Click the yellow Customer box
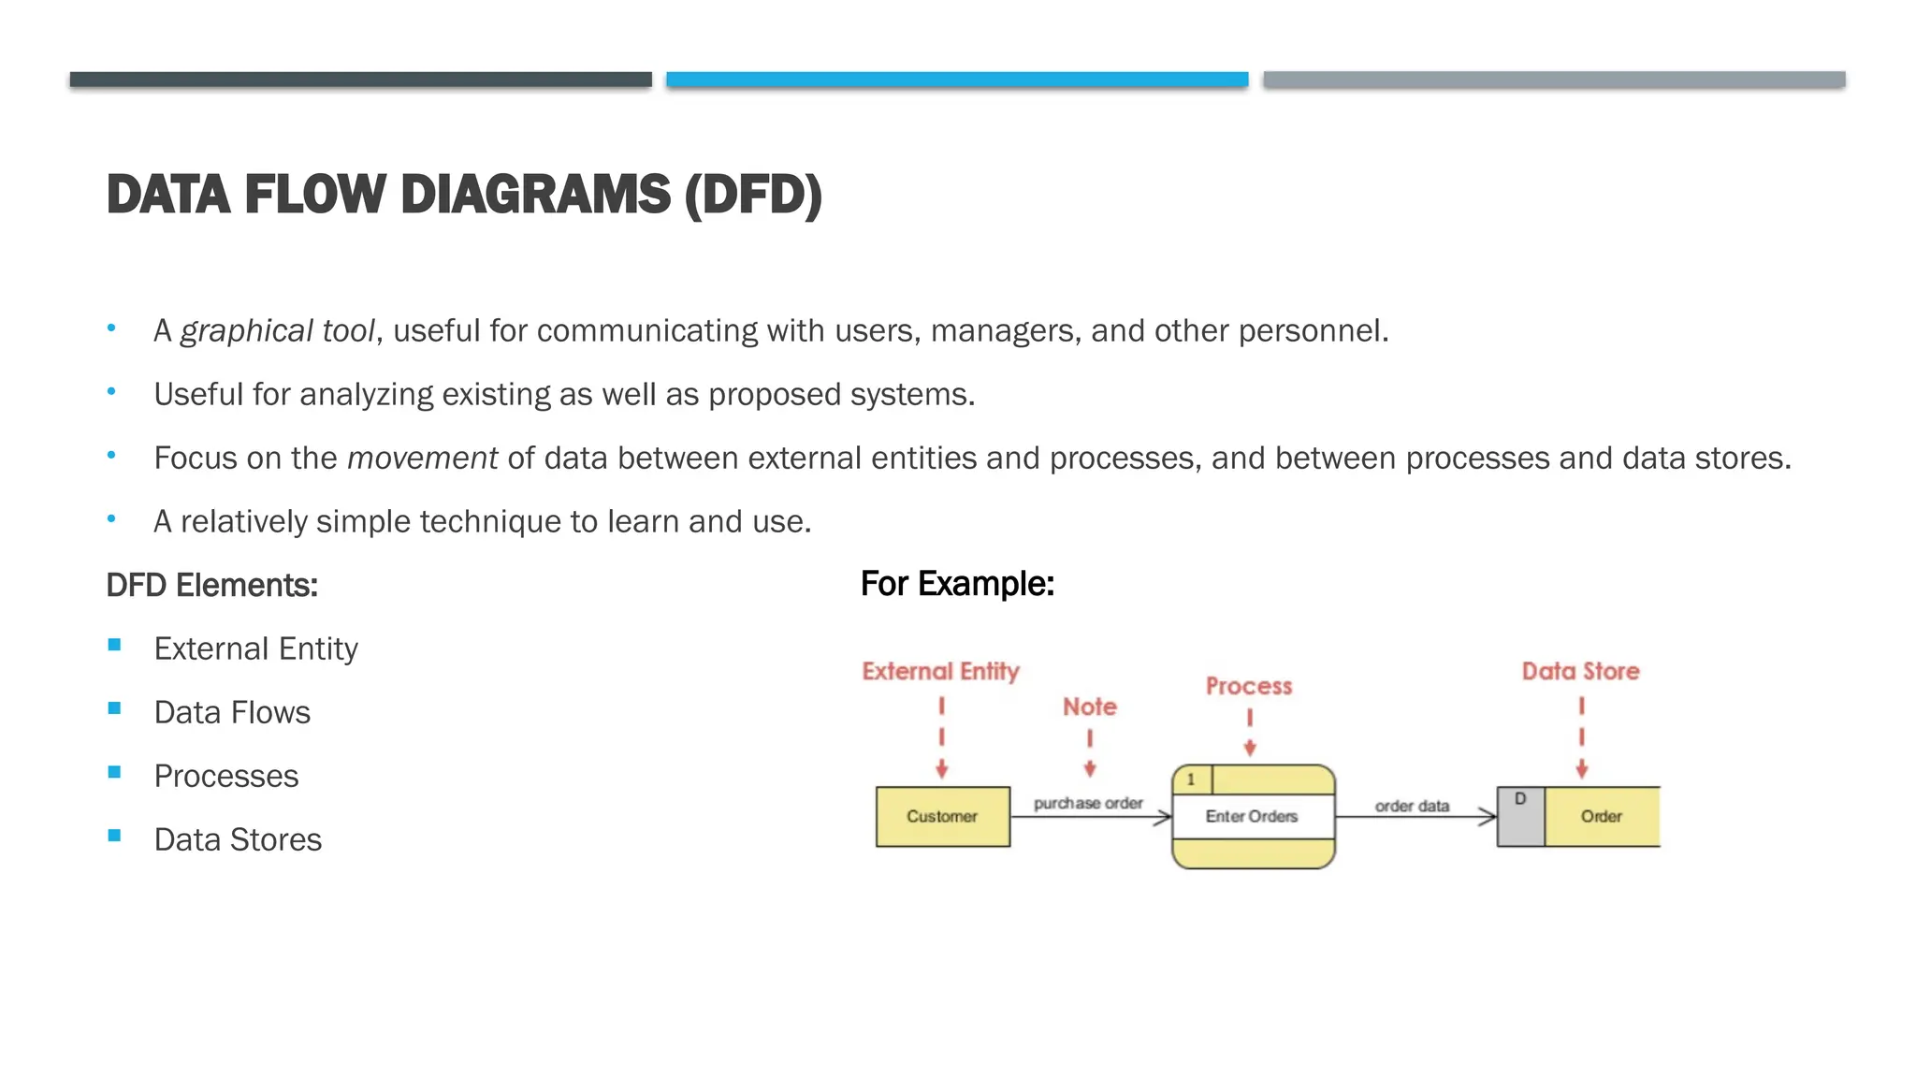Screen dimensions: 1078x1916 (942, 817)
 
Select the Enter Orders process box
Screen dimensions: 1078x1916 (1252, 817)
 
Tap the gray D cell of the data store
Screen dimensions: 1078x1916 (1520, 817)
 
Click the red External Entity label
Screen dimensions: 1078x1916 (940, 672)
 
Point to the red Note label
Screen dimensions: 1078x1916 (1089, 707)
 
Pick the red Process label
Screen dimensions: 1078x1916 (1249, 687)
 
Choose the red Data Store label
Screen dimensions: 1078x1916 (1580, 672)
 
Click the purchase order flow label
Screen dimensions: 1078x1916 (1088, 803)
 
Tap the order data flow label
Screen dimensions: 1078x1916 (1412, 806)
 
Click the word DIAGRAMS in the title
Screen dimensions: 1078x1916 (535, 195)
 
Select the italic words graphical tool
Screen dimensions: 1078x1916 (277, 331)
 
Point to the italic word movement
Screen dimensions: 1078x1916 (422, 459)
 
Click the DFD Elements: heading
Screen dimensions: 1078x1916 (212, 586)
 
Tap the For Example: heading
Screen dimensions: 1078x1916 (957, 584)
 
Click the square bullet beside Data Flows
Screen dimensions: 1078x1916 (114, 708)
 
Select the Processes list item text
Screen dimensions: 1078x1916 (226, 777)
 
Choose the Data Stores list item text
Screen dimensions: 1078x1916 (238, 840)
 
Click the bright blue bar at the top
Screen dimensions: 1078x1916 (957, 80)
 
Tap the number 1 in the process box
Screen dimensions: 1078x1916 (1191, 779)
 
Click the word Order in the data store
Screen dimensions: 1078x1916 (1601, 817)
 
